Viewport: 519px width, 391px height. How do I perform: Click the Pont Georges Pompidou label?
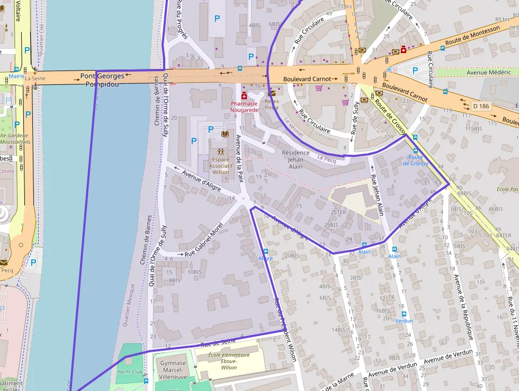(102, 80)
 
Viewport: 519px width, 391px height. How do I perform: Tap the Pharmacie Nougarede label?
(244, 106)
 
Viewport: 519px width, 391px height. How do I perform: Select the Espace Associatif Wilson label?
(220, 166)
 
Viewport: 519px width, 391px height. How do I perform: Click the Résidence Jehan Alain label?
(296, 159)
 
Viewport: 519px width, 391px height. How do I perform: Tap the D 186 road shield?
(481, 106)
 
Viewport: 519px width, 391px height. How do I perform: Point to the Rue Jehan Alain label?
(377, 196)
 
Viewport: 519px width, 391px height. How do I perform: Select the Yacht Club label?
(130, 372)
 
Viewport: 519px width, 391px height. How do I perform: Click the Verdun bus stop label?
(404, 320)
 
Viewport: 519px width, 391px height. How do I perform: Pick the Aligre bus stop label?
(265, 258)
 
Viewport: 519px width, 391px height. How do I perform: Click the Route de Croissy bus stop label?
(416, 160)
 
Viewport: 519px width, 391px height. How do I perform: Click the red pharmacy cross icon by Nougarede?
(244, 95)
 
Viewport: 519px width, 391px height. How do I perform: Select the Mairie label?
(16, 76)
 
